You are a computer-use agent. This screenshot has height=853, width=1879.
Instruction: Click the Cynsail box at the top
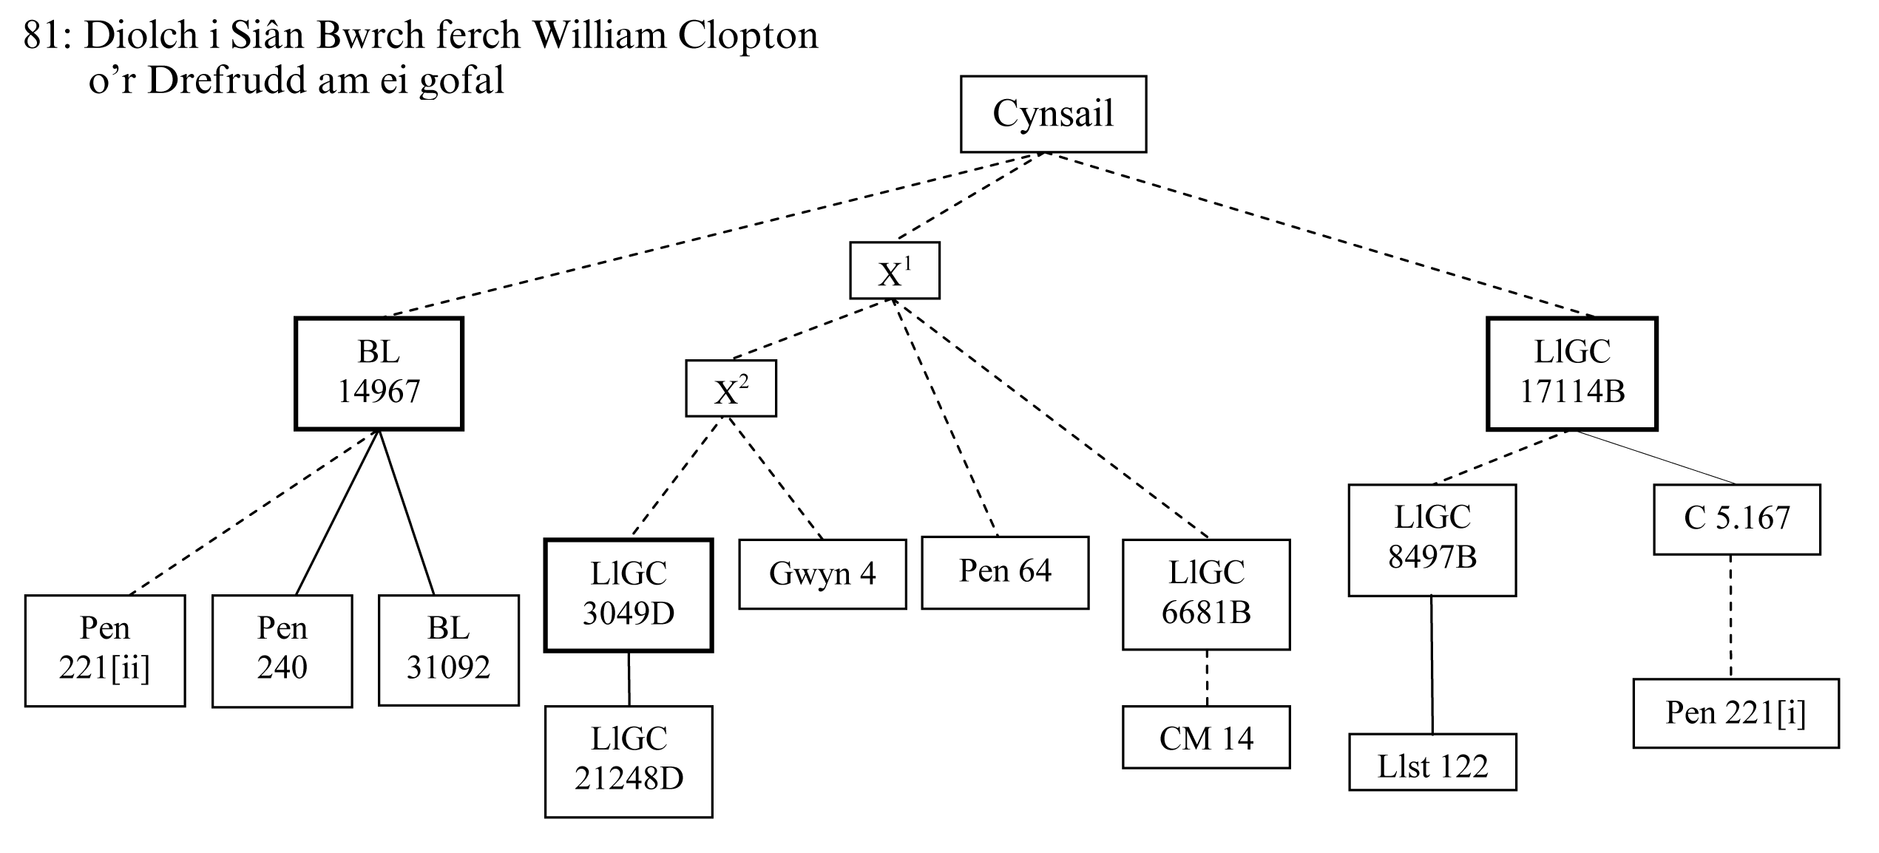click(1053, 114)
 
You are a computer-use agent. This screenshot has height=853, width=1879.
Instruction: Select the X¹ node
click(894, 271)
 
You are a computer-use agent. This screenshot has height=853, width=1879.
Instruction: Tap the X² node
click(731, 389)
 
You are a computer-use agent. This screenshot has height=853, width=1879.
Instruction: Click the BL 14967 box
click(379, 373)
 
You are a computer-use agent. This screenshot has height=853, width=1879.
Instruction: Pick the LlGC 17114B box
click(1572, 373)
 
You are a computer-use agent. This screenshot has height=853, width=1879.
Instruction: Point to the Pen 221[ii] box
click(105, 650)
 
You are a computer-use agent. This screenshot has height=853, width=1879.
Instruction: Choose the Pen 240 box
click(282, 650)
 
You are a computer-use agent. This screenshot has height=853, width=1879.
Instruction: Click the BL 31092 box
click(448, 650)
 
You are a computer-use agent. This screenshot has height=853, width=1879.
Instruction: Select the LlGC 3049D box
click(629, 595)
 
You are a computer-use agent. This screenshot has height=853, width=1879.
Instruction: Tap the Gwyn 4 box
click(822, 574)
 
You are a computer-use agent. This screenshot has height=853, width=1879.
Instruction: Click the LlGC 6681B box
click(1206, 594)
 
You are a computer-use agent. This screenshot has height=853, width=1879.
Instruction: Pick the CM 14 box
click(1206, 738)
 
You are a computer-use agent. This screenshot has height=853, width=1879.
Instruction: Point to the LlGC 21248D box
click(629, 761)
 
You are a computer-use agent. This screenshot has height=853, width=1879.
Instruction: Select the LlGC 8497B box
click(1432, 540)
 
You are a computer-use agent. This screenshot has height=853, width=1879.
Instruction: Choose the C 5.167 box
click(1736, 519)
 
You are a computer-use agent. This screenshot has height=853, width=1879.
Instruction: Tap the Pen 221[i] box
click(1736, 713)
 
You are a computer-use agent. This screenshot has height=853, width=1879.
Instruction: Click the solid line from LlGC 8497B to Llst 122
click(1432, 665)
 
